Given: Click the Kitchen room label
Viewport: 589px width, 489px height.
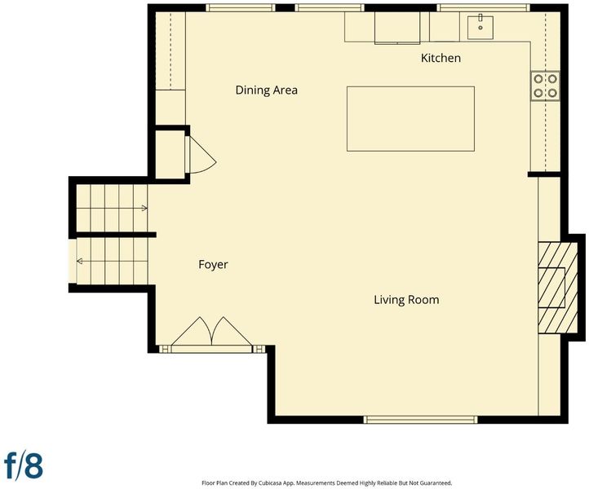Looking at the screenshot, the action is pyautogui.click(x=441, y=58).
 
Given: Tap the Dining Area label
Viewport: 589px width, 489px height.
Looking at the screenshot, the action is pyautogui.click(x=266, y=90).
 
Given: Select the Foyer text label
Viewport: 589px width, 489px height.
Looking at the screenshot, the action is pyautogui.click(x=213, y=265).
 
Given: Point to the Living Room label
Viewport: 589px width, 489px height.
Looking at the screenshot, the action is pyautogui.click(x=406, y=300).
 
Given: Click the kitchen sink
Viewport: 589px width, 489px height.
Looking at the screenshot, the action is pyautogui.click(x=480, y=27).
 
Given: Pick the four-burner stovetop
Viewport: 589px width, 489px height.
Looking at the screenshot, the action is pyautogui.click(x=545, y=86).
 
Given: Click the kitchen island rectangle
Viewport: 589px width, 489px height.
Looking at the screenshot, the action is pyautogui.click(x=410, y=119).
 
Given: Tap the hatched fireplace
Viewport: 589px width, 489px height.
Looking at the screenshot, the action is pyautogui.click(x=558, y=288).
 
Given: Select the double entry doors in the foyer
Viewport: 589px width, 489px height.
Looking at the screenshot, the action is pyautogui.click(x=212, y=332).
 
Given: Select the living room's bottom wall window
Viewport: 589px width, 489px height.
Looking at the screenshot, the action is pyautogui.click(x=421, y=420).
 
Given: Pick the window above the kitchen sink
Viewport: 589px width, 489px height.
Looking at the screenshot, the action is pyautogui.click(x=483, y=7).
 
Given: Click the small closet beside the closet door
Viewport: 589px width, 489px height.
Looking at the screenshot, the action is pyautogui.click(x=170, y=155).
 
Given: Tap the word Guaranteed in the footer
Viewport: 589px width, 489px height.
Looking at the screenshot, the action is pyautogui.click(x=437, y=483).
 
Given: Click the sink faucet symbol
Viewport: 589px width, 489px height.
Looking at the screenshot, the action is pyautogui.click(x=480, y=17).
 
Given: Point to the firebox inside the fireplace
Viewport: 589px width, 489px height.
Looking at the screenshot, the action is pyautogui.click(x=551, y=288).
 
